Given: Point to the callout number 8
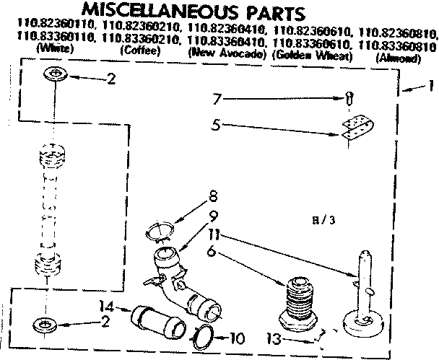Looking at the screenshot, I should point(211,195).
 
